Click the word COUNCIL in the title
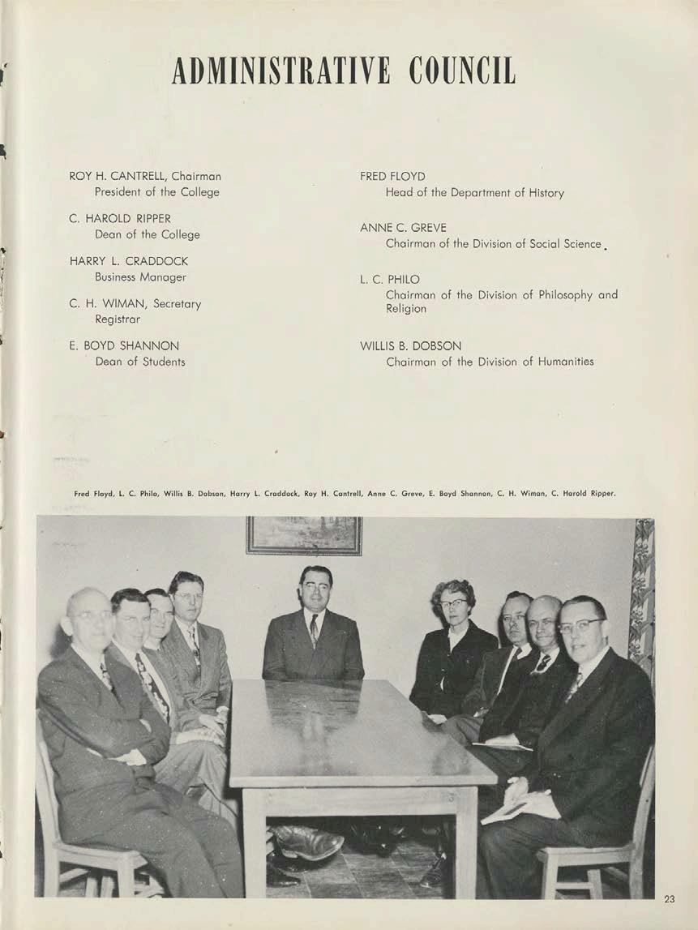pos(462,71)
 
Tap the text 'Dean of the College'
pos(147,234)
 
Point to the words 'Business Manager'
pos(140,277)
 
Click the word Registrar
pos(118,319)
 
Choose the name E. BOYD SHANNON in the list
pos(124,345)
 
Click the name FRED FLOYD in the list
pos(392,176)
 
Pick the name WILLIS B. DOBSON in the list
pos(411,345)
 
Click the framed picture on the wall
pos(304,535)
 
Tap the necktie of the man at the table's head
pos(314,629)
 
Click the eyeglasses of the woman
pos(455,602)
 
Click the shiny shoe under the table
pos(307,843)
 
